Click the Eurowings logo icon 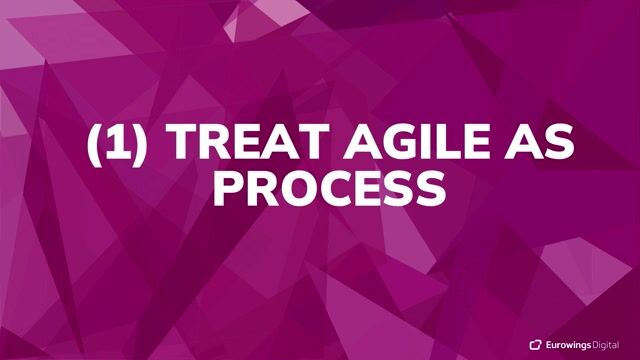(535, 344)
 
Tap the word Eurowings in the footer (569, 344)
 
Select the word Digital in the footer (613, 344)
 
